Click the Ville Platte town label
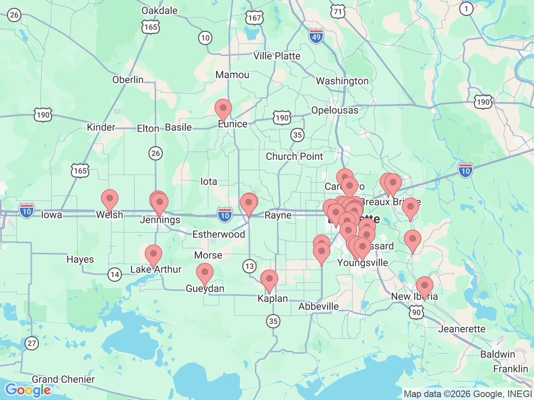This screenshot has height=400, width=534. coord(277,56)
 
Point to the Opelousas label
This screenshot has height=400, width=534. coord(335,110)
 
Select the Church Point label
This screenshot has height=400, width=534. coord(294,157)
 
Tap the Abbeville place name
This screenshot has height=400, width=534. coord(318,307)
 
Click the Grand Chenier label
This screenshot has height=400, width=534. coord(63,379)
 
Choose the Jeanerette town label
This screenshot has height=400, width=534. coord(461,329)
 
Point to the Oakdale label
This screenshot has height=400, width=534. coord(159,10)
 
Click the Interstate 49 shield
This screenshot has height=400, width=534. coord(316,36)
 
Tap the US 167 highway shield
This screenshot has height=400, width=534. coord(254,18)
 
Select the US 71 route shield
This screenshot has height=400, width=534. coord(338,11)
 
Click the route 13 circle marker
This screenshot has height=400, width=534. coord(249,266)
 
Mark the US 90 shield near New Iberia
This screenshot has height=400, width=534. coord(416,312)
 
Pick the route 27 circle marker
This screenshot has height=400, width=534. coord(32,343)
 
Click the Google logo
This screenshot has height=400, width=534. coord(28,390)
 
